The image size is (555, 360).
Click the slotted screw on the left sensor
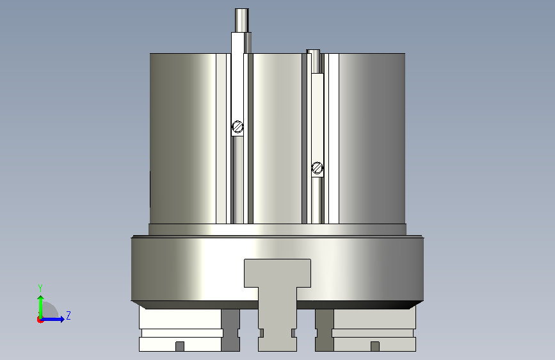click(x=237, y=126)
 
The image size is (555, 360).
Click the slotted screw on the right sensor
click(x=317, y=168)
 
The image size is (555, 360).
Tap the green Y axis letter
click(x=40, y=288)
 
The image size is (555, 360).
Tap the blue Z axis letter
click(x=68, y=315)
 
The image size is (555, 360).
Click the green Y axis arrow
click(x=41, y=307)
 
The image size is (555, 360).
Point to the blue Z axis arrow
click(x=52, y=319)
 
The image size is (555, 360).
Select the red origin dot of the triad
click(x=40, y=320)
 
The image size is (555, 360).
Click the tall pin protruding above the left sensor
click(x=242, y=20)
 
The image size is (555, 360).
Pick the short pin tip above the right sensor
click(x=313, y=52)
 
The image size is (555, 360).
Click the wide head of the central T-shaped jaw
click(x=278, y=273)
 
